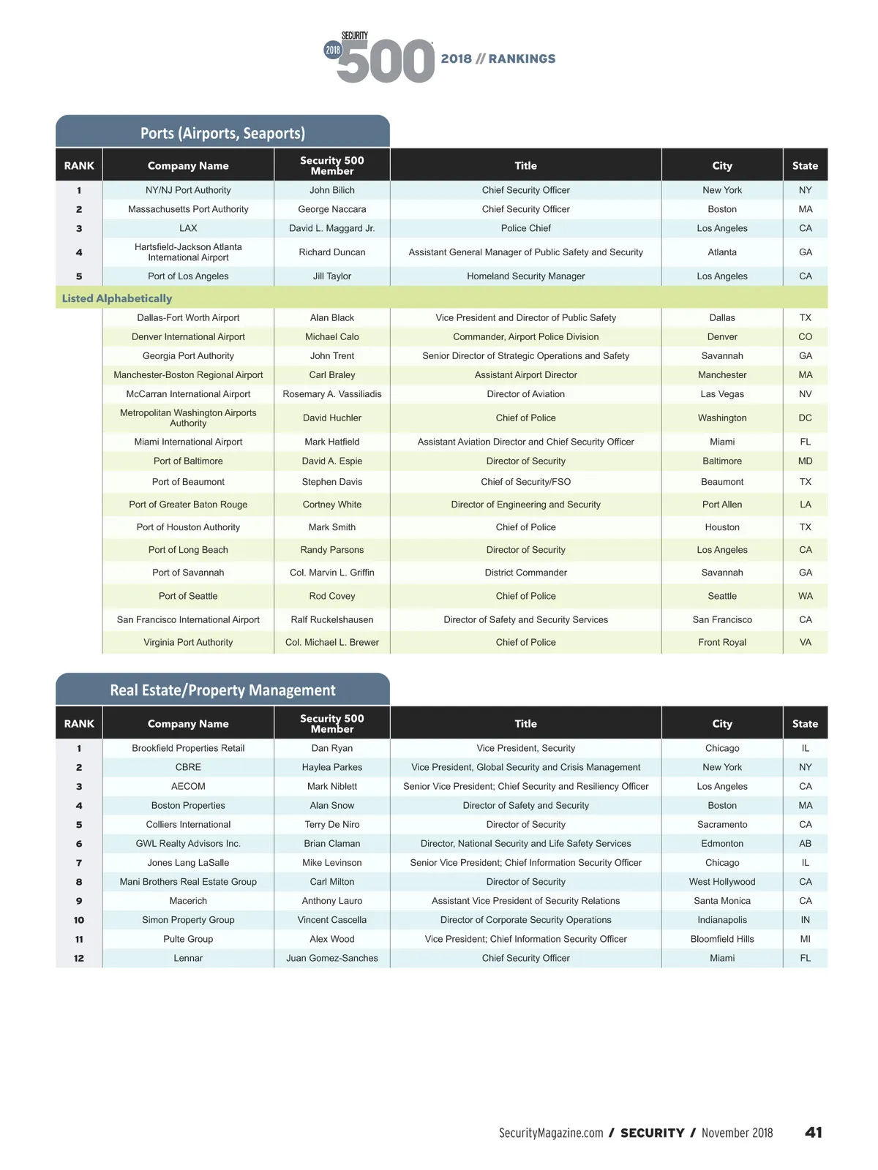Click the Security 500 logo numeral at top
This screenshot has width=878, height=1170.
386,61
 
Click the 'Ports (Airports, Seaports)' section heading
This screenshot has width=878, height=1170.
222,133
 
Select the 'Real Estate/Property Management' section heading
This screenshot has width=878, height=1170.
222,690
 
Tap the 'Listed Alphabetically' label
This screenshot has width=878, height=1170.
117,298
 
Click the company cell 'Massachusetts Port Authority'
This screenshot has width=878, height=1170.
188,209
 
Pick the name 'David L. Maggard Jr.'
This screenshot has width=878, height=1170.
332,228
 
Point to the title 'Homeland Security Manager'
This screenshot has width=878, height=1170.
525,276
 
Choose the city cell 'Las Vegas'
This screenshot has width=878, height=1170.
722,394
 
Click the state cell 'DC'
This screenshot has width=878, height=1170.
805,418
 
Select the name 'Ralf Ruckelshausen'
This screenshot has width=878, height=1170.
332,619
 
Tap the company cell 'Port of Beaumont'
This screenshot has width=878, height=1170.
188,482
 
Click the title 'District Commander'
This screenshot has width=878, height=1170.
525,573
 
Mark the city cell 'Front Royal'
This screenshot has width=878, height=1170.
722,642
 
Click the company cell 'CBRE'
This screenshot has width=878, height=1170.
188,767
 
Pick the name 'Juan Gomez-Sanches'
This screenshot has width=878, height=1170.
332,958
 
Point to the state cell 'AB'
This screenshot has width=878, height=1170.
805,843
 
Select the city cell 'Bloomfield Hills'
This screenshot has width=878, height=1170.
722,939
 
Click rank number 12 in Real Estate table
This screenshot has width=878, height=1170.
79,958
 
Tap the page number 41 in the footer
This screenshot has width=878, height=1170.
814,1133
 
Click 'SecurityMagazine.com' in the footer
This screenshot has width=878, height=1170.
551,1133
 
